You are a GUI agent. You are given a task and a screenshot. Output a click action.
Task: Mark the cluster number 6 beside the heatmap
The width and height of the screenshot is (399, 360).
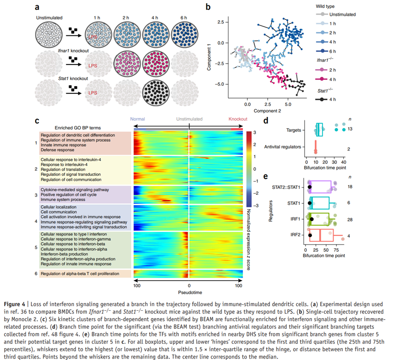[x=36, y=274]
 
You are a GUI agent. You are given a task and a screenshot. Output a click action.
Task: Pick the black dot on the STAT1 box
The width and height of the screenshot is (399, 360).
[x=310, y=203]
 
